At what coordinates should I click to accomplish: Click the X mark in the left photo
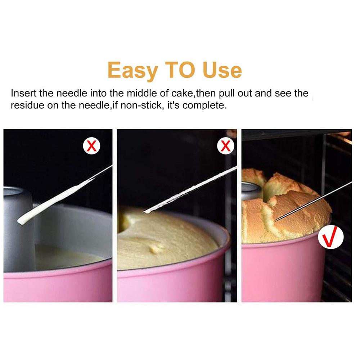(92, 146)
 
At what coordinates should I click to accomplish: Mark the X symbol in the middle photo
(225, 146)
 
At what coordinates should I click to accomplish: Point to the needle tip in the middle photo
(146, 211)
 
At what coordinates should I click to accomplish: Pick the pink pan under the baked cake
(281, 270)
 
